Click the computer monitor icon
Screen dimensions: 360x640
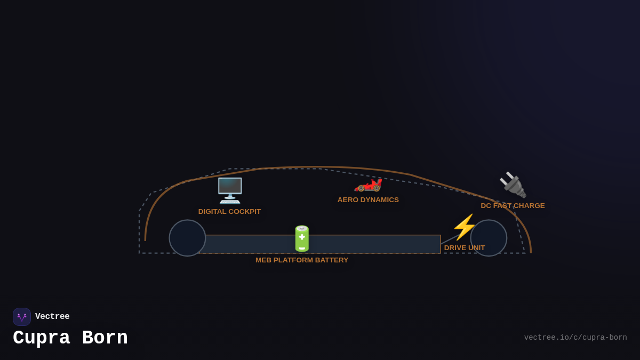tap(230, 190)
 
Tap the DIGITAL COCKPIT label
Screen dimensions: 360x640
tap(229, 212)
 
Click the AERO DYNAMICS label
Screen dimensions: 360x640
tap(368, 200)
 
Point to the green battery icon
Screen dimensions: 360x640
tap(302, 238)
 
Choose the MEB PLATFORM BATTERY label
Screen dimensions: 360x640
tap(302, 260)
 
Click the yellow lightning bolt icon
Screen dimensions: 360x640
tap(464, 227)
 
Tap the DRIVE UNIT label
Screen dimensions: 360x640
tap(465, 248)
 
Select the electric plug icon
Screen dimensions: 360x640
tap(513, 185)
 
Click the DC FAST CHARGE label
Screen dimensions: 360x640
tap(513, 206)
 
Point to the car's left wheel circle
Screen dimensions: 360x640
tap(187, 238)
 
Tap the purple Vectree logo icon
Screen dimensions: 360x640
tap(22, 317)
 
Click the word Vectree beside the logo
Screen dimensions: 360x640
tap(52, 317)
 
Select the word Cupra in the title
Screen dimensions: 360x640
tap(42, 338)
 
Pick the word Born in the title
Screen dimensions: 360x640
tap(105, 338)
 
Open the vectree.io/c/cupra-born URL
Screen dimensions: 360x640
tap(575, 338)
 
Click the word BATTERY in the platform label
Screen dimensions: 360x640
tap(332, 260)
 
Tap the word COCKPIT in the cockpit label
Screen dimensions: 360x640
tap(244, 212)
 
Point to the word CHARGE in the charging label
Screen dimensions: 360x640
tap(530, 206)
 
